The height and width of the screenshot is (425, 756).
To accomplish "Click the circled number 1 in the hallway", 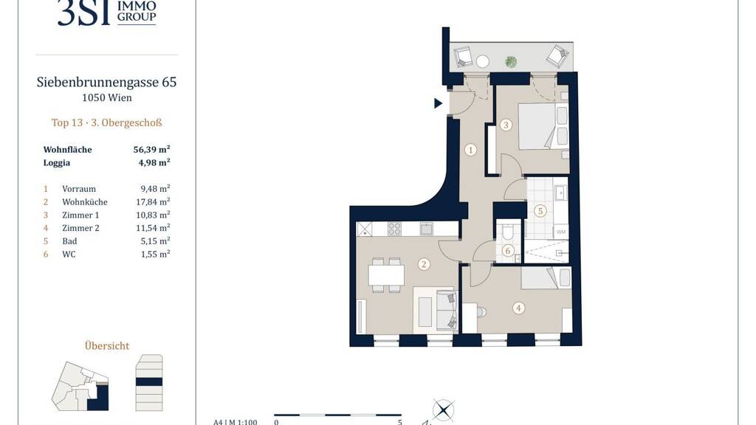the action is (470, 150).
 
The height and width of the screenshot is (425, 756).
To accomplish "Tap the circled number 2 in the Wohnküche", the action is (424, 264).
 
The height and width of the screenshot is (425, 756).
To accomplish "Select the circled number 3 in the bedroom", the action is (505, 125).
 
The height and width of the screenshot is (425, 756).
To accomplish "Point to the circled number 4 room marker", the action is (518, 308).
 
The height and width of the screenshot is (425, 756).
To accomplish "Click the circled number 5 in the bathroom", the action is (540, 210).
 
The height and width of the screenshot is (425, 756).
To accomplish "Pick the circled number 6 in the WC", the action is (507, 251).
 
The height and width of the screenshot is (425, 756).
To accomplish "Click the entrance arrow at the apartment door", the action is (438, 103).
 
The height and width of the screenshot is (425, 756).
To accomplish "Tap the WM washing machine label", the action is (561, 232).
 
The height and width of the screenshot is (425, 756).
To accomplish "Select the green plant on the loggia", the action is (511, 62).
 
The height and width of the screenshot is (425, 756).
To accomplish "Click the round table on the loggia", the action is (483, 61).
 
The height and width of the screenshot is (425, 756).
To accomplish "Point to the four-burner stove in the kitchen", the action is (394, 229).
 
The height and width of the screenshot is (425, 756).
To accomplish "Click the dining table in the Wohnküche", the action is (386, 275).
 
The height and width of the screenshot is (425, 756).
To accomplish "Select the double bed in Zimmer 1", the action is (543, 126).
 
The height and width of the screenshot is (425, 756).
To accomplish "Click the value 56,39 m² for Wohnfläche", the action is (151, 149).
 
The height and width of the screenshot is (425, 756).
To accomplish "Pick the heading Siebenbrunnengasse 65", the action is (106, 82).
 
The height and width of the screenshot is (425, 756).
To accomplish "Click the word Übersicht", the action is (107, 345).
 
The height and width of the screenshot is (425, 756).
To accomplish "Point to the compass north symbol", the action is (443, 410).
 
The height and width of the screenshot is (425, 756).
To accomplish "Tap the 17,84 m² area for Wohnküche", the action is (153, 202).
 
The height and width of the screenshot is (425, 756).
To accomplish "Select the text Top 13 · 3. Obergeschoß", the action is (106, 122).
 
